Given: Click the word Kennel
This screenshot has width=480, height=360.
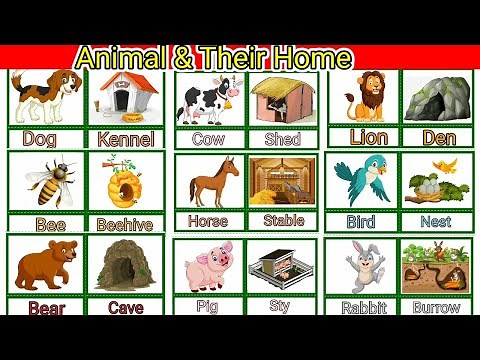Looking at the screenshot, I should [127, 139].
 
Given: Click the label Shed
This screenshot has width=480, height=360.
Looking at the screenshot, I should [282, 139].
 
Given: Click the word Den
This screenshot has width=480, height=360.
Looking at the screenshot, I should [439, 137].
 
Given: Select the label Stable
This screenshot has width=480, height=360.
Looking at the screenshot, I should [283, 219].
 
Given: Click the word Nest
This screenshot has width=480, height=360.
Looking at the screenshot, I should [436, 221].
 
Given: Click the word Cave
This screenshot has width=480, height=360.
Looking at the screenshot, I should [126, 308].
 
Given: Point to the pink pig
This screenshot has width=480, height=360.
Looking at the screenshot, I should [209, 267].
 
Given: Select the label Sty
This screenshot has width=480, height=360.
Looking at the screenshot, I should [280, 306].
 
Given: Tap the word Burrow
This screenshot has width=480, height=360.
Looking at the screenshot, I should [436, 308].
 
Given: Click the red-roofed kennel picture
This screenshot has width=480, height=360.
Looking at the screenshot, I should [125, 96].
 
